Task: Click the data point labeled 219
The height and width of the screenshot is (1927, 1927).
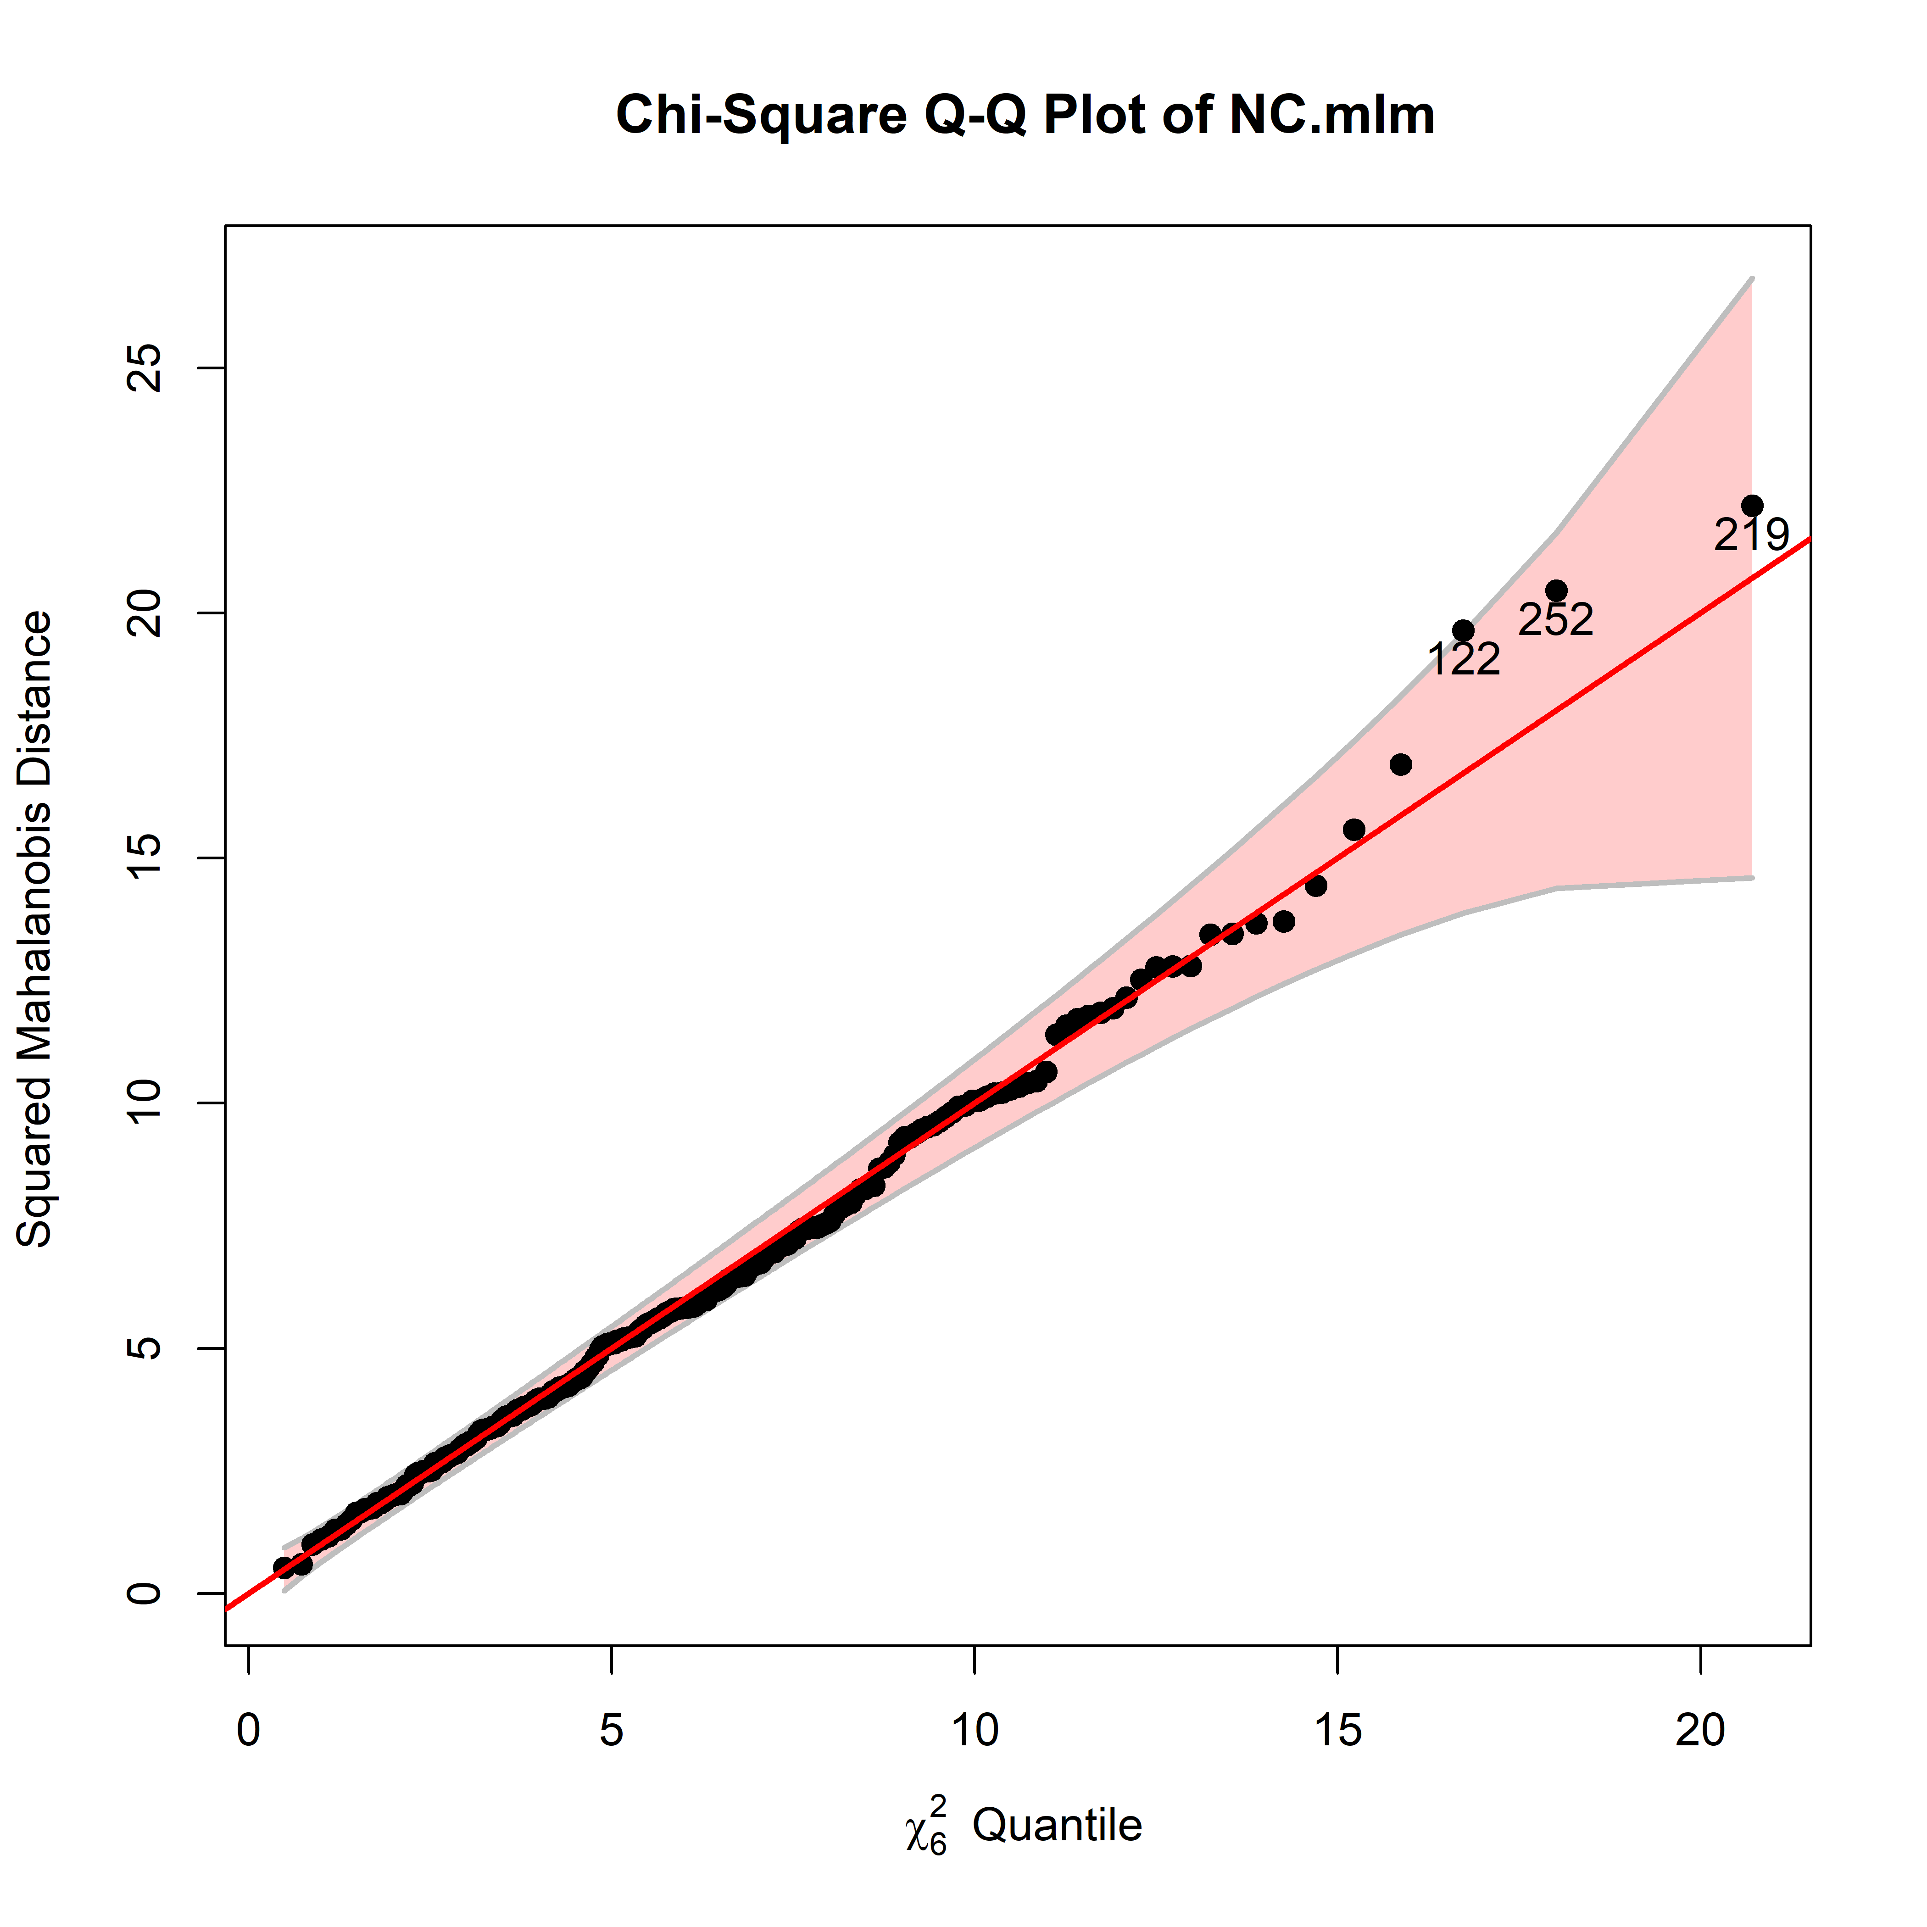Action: (x=1751, y=506)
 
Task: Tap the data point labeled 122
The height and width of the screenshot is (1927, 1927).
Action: (x=1463, y=630)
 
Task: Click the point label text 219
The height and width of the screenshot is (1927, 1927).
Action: (x=1751, y=537)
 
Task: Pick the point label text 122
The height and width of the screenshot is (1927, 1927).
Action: (x=1463, y=660)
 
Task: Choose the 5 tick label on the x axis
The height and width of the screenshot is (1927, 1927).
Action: (x=612, y=1731)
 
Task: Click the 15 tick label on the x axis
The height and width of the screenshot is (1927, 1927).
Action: (x=1337, y=1731)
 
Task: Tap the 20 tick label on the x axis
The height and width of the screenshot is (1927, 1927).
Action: (x=1699, y=1731)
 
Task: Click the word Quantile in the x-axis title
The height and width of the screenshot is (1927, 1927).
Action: (x=1057, y=1825)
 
